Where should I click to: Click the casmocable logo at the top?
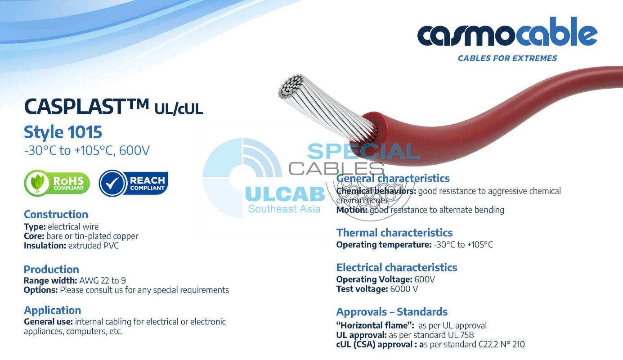(507, 34)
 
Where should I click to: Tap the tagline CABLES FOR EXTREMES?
(507, 58)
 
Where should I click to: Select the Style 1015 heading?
(63, 132)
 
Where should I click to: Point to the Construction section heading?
(56, 214)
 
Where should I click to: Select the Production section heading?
(51, 270)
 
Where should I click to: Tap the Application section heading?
(52, 310)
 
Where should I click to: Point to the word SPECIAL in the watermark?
(363, 152)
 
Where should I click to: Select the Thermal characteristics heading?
(394, 233)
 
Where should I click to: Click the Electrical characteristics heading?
(397, 267)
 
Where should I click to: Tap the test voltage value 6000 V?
(404, 289)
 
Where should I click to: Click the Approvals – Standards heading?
(392, 312)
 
